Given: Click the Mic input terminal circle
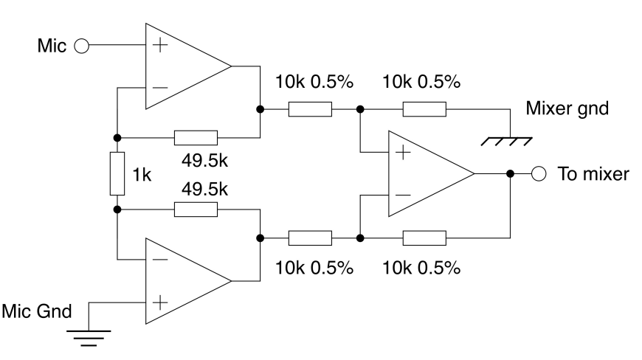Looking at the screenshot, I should (x=81, y=46).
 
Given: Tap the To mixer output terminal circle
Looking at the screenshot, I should (x=539, y=174).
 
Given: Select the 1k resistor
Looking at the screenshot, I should (x=117, y=173).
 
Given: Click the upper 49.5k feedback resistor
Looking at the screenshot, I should (x=196, y=137).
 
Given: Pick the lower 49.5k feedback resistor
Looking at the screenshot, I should (x=196, y=210).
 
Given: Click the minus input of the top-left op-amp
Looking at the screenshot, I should (x=157, y=89).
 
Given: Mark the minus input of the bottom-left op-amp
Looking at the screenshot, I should (x=157, y=259).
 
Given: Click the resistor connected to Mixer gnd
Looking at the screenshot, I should (x=424, y=110).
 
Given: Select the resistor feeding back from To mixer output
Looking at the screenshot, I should (x=424, y=238).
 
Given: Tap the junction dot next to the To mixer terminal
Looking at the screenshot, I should (x=510, y=174).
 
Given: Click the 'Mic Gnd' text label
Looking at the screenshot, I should (x=37, y=310).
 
